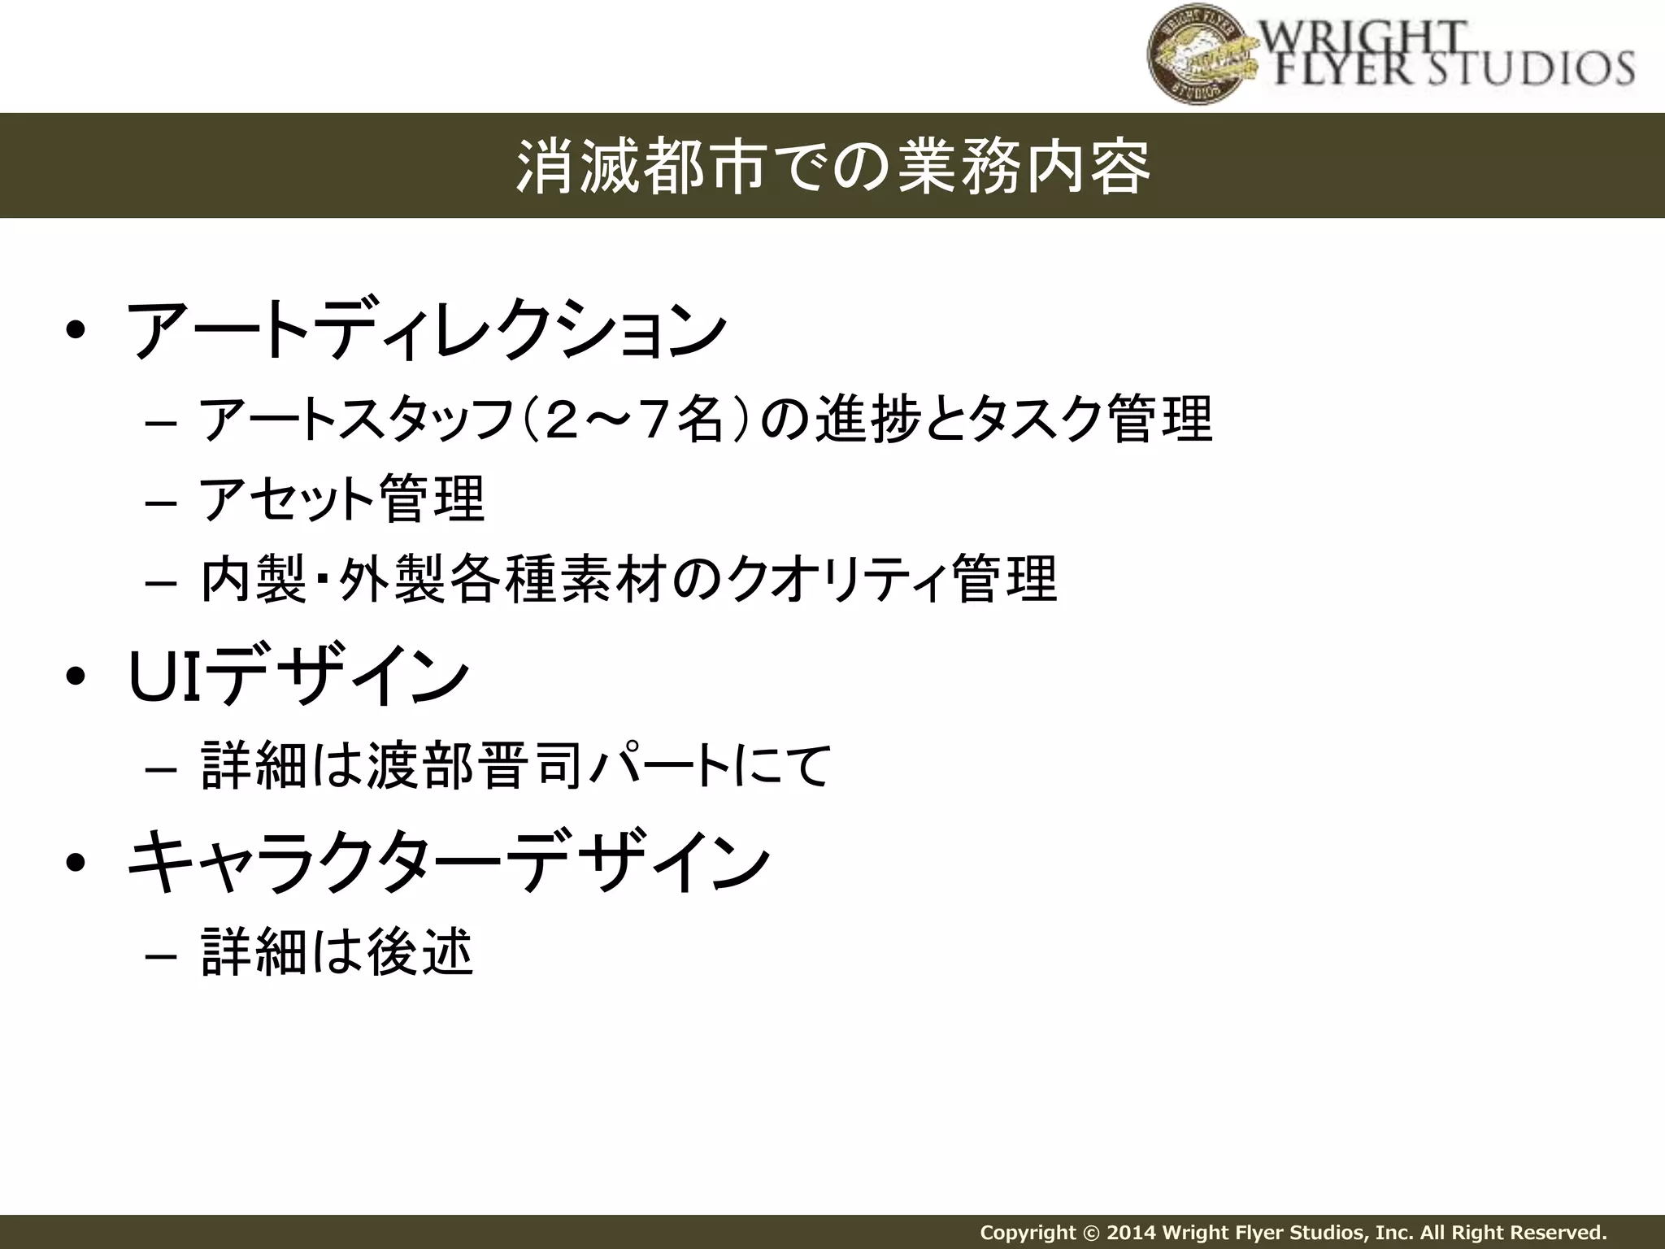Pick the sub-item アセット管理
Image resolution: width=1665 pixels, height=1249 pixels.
tap(341, 499)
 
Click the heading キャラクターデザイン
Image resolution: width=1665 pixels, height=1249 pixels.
tap(448, 862)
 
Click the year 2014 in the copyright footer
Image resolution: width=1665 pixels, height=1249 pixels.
tap(1131, 1232)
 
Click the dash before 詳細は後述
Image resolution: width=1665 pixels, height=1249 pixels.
tap(161, 956)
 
